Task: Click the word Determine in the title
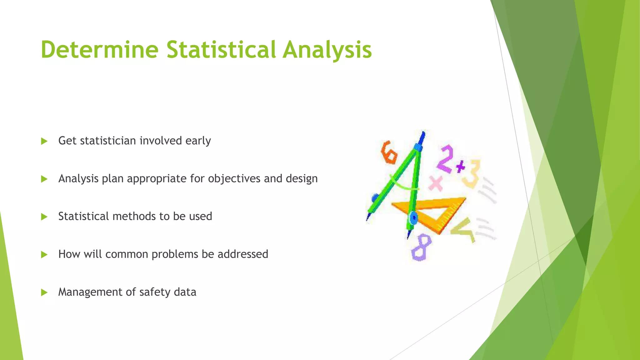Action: click(x=99, y=50)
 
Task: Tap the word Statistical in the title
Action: click(x=221, y=50)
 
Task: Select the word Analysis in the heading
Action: click(x=327, y=50)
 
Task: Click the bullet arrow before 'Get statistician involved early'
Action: click(x=44, y=141)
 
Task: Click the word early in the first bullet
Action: click(x=198, y=141)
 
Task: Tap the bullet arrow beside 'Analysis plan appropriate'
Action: click(x=44, y=179)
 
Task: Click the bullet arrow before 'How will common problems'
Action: click(x=44, y=255)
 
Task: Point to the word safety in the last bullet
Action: click(x=155, y=292)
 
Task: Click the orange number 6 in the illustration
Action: click(x=388, y=152)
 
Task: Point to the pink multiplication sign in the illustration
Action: click(x=436, y=183)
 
